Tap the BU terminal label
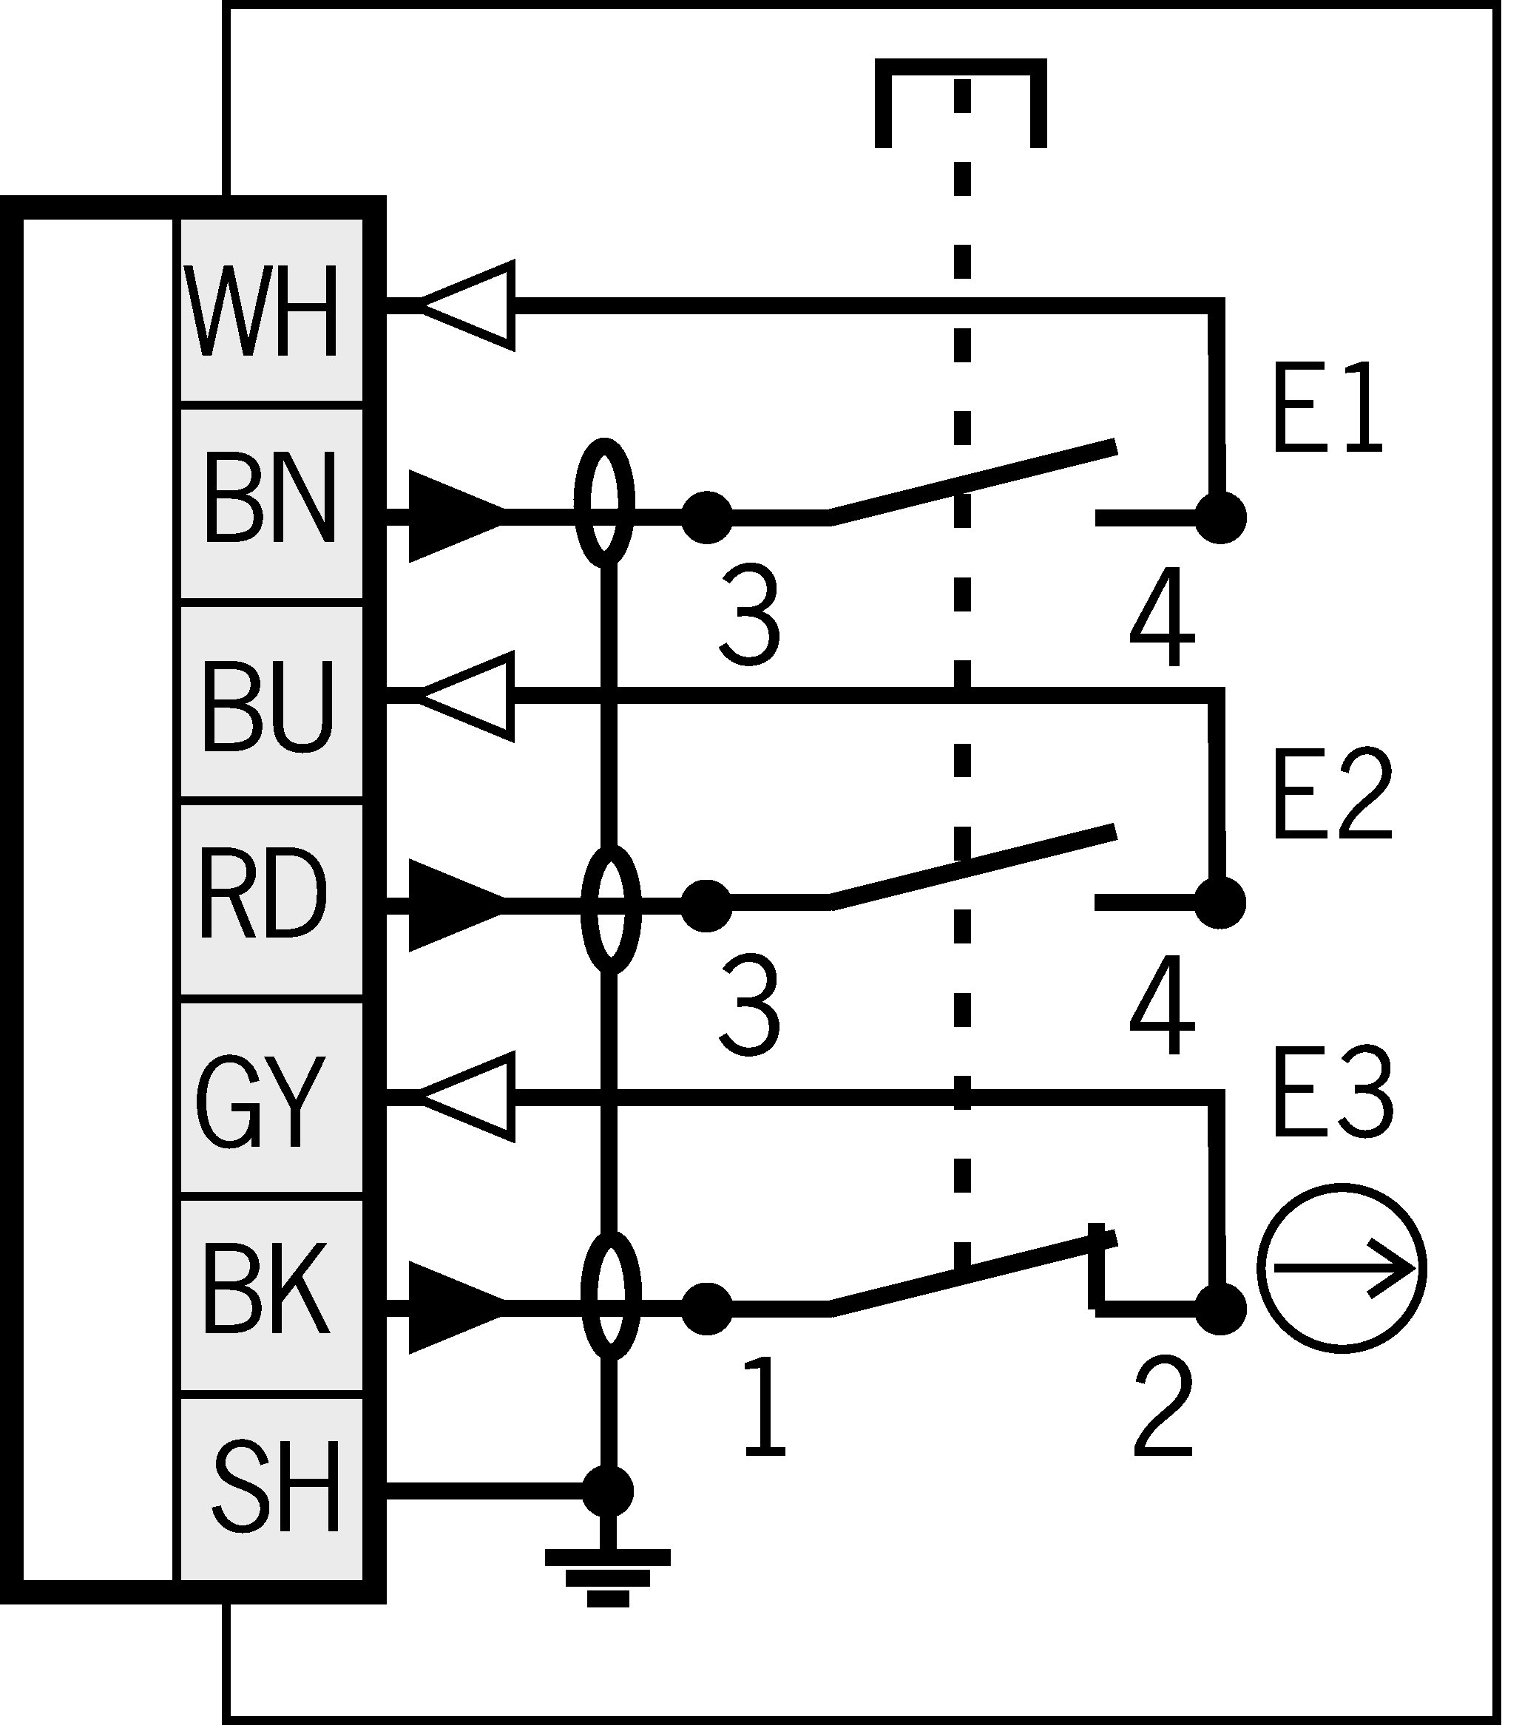point(267,707)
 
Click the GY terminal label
point(260,1101)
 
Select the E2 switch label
point(1332,795)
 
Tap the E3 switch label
point(1332,1095)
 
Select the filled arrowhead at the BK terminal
point(455,1307)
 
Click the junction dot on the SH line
point(608,1491)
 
